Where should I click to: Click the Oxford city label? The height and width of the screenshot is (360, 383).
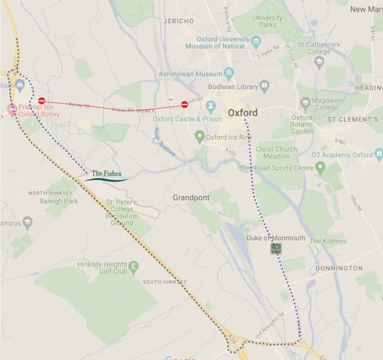[242, 113]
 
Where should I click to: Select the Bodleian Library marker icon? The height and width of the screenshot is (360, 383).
[264, 86]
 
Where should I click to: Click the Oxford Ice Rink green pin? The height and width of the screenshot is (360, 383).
[199, 136]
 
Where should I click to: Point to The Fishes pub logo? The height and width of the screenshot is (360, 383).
[107, 176]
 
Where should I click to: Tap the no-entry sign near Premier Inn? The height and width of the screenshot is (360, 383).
[42, 101]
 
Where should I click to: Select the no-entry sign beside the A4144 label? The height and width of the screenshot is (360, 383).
[185, 104]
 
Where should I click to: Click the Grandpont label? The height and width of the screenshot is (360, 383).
[191, 198]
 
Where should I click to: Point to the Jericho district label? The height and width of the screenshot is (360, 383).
[179, 20]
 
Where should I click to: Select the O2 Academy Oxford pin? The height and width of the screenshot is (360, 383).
[320, 166]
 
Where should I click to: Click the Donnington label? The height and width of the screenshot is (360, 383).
[339, 268]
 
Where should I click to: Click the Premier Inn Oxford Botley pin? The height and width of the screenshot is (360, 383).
[11, 110]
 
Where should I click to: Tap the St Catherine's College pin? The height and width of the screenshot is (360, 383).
[318, 61]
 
